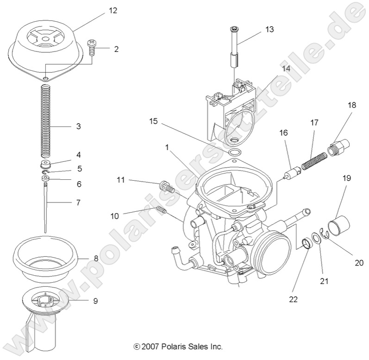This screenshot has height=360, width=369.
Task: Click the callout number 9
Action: point(95,301)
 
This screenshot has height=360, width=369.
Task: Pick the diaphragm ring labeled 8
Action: point(46,259)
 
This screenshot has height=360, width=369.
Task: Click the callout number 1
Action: point(167,146)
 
